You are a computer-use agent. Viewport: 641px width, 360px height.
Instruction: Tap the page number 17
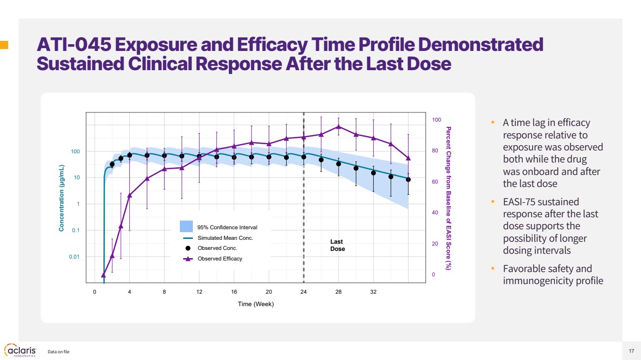(x=631, y=351)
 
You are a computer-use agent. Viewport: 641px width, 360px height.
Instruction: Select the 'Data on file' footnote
(x=59, y=352)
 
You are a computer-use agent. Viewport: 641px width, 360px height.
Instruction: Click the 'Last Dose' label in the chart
(x=337, y=245)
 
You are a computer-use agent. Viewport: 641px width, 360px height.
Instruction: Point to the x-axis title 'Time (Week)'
(x=256, y=304)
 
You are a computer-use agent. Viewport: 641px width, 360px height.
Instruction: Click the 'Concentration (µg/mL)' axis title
(x=62, y=198)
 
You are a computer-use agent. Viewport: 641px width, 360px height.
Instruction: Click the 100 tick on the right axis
(x=436, y=120)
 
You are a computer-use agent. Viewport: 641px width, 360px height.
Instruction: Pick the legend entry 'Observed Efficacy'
(x=220, y=259)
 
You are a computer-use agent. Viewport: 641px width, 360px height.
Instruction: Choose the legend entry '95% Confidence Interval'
(x=227, y=227)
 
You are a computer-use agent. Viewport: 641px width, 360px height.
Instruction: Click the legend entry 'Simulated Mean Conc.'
(x=225, y=238)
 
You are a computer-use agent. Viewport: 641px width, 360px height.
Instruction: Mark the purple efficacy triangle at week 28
(x=339, y=127)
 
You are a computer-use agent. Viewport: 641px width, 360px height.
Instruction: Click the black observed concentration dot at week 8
(x=164, y=155)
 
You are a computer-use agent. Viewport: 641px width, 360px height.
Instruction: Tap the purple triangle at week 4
(x=129, y=195)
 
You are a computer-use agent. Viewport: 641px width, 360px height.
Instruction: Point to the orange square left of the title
(x=4, y=45)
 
